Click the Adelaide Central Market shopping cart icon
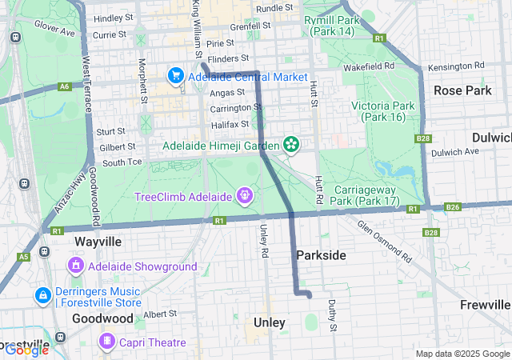coord(175,76)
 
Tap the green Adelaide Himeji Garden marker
coord(292,145)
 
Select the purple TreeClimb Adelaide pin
coord(244,195)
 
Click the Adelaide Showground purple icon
coord(77,265)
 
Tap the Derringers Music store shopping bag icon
coord(42,296)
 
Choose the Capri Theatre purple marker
coord(105,342)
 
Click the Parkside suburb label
coord(321,254)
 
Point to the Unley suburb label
coord(269,322)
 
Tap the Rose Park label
coord(462,90)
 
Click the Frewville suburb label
coord(485,305)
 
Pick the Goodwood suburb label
coord(103,318)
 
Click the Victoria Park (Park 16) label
coord(382,111)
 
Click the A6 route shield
coord(65,86)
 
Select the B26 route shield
coord(453,208)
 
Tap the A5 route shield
coord(23,257)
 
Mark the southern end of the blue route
coord(309,295)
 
